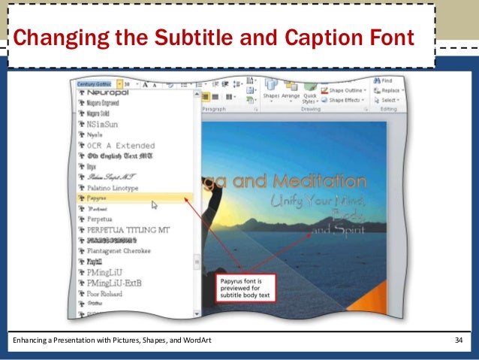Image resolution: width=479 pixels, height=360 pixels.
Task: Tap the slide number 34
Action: (x=459, y=342)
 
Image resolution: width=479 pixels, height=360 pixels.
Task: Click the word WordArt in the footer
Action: (x=197, y=342)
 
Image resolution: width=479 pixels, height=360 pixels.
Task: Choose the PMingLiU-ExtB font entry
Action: (x=115, y=283)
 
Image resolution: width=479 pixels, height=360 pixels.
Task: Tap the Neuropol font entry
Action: (x=108, y=90)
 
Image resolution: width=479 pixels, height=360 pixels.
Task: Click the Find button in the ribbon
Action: (x=386, y=80)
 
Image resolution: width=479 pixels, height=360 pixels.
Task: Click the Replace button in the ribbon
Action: (x=389, y=89)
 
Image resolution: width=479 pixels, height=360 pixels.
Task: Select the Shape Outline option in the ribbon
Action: (x=345, y=89)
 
